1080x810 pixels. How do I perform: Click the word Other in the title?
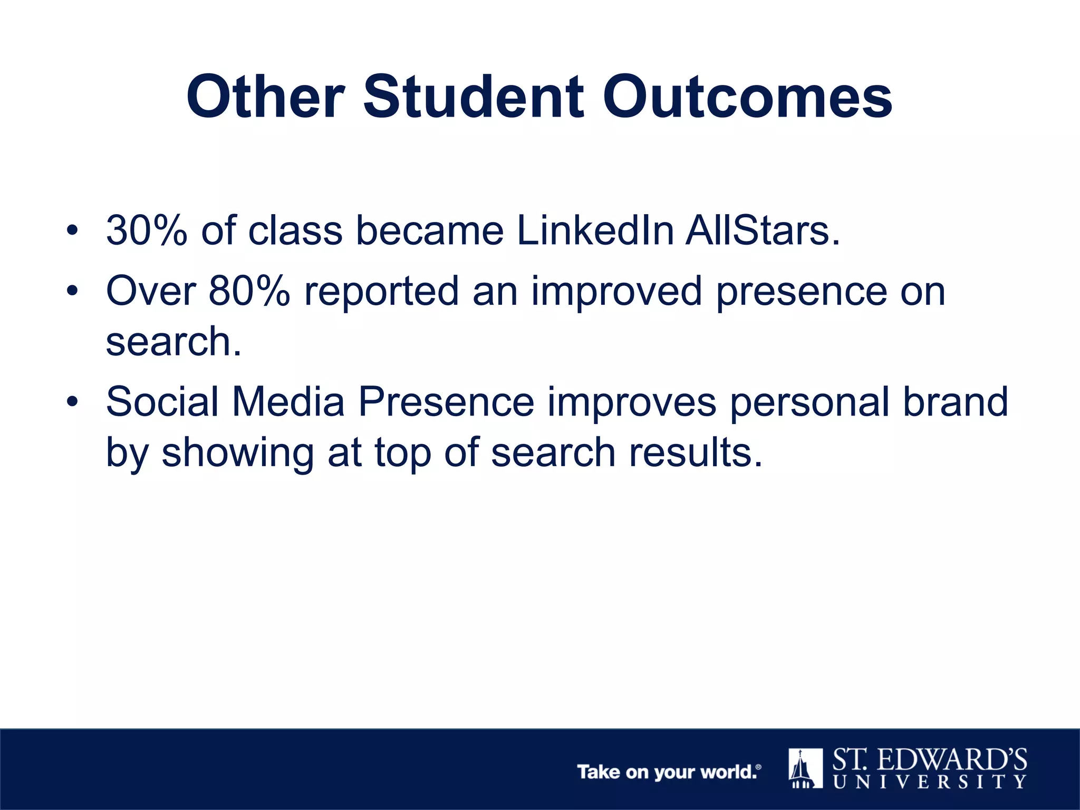(265, 98)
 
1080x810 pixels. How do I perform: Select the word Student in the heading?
(474, 98)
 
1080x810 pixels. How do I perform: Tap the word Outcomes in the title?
(747, 98)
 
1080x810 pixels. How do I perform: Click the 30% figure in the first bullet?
(147, 230)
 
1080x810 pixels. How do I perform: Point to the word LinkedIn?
(595, 230)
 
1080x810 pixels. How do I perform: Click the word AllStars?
(762, 230)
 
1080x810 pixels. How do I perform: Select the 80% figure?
(249, 291)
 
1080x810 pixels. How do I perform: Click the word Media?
(288, 402)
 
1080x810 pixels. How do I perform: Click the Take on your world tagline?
(669, 772)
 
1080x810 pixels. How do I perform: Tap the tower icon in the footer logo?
(805, 768)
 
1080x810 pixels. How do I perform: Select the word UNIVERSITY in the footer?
(930, 782)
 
